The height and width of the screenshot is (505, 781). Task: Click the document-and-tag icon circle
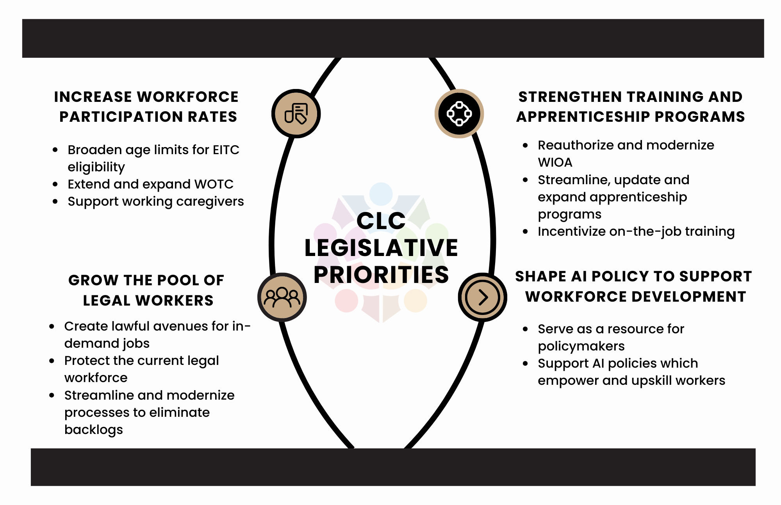tap(296, 114)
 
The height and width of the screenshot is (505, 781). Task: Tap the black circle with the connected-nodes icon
tap(459, 114)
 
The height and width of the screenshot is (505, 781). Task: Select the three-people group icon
tap(282, 297)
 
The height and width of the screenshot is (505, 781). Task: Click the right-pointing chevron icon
tap(483, 297)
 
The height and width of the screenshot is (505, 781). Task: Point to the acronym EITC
tap(226, 150)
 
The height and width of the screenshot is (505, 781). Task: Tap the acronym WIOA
tap(555, 162)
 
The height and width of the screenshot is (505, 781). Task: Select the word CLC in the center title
tap(381, 221)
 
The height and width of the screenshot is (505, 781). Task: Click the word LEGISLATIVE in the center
tap(381, 248)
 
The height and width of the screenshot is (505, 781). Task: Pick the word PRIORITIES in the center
tap(381, 275)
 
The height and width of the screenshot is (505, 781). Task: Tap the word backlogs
tap(94, 430)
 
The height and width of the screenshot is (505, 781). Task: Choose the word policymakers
tap(581, 346)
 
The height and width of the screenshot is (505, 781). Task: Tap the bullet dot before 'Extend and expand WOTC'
tap(55, 184)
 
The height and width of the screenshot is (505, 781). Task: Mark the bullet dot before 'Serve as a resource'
tap(525, 329)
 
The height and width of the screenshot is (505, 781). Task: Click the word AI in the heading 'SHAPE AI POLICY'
tap(579, 276)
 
